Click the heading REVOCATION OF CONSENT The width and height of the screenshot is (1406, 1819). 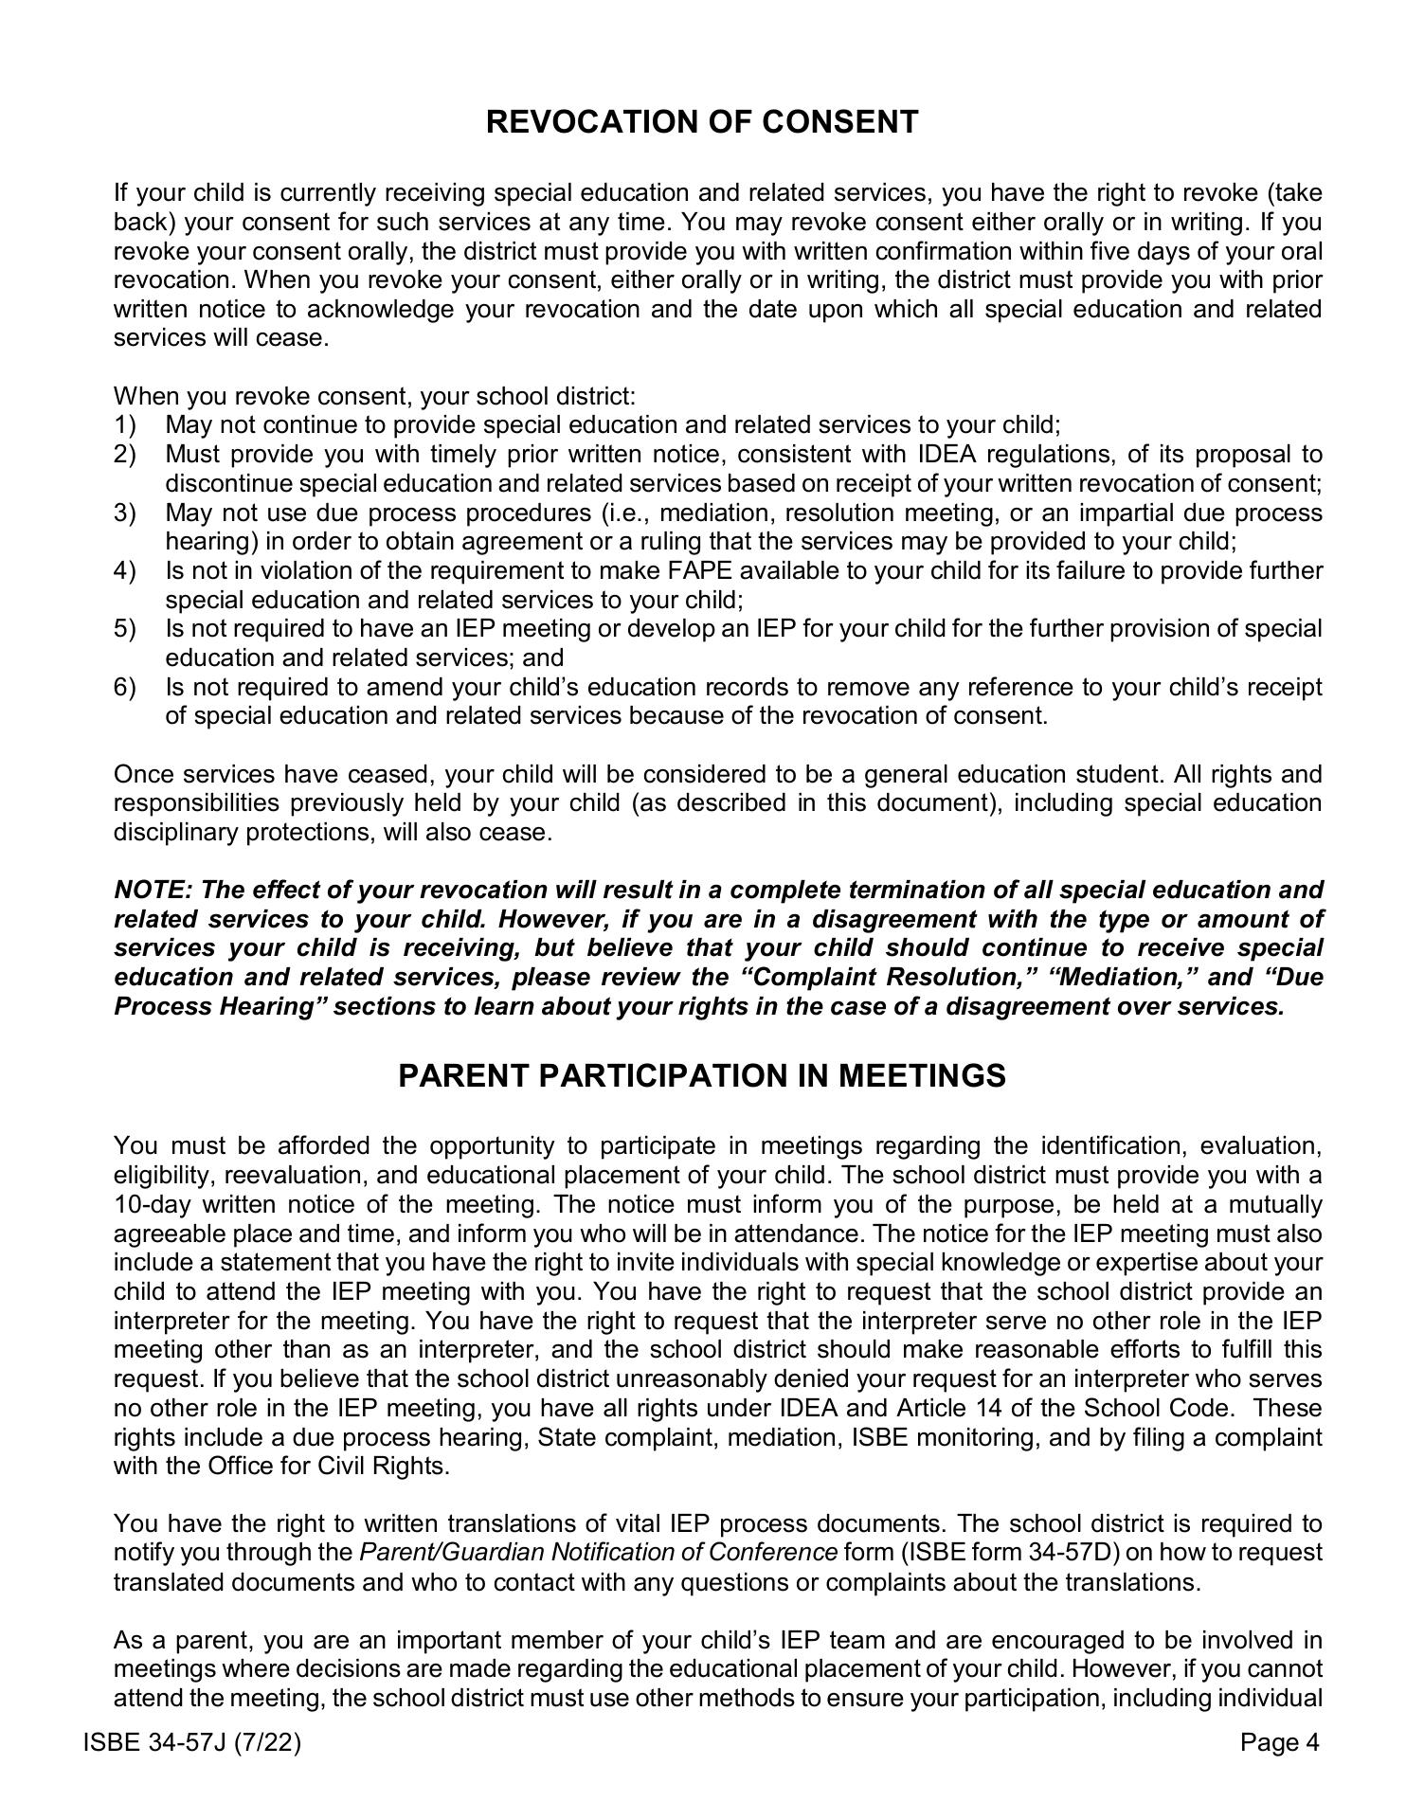pos(702,122)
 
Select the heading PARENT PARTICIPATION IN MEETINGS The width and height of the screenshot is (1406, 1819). pos(702,1076)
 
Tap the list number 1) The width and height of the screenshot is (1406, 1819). pos(125,425)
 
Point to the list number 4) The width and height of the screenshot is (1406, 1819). pos(125,571)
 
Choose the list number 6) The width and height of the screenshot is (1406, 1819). pos(125,687)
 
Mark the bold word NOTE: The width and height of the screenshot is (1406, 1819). pos(153,891)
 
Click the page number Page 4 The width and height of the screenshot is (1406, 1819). pos(1279,1742)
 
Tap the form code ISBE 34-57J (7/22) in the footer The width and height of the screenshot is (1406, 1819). pos(193,1742)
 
